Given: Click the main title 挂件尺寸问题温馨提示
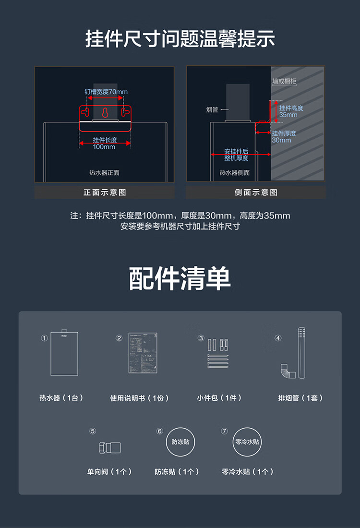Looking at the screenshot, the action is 180,38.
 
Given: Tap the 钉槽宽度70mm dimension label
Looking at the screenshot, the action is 106,92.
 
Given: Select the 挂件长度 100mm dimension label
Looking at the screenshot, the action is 105,143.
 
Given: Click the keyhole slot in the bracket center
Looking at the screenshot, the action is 105,112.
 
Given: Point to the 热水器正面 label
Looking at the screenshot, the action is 104,173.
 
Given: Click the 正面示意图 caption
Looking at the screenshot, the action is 105,192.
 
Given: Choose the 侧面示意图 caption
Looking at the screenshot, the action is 256,192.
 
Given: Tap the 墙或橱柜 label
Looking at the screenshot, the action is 284,81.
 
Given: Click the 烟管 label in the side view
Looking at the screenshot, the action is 212,110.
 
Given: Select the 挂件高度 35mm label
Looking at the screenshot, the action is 291,111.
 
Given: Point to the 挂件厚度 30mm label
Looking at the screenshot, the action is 284,137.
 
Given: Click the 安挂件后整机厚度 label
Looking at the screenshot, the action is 236,155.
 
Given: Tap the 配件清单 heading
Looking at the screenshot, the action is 180,279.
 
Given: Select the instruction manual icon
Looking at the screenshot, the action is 143,353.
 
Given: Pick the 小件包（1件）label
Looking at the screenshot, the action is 219,398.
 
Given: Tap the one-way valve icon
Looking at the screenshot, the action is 109,447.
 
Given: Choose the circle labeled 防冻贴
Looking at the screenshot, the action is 180,442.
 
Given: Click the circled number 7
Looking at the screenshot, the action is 224,431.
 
